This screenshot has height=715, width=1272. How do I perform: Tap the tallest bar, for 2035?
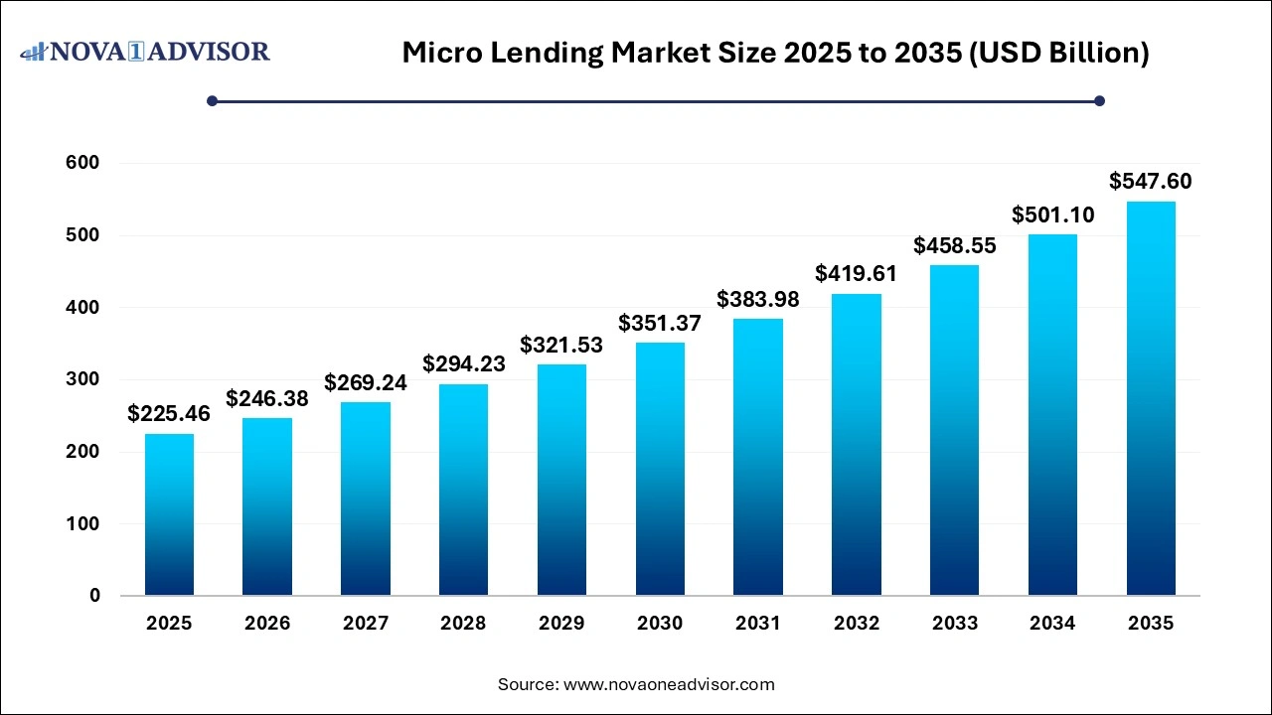[x=1151, y=398]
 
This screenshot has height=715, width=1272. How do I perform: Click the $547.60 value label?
[x=1151, y=181]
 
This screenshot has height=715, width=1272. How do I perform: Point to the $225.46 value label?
[x=169, y=413]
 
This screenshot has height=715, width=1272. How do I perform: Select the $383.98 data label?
[x=758, y=298]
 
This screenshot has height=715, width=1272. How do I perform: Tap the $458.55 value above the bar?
[x=954, y=244]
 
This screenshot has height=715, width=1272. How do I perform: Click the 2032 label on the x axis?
[x=857, y=624]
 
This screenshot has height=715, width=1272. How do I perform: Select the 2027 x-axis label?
[x=366, y=624]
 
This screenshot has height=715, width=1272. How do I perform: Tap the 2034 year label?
[x=1052, y=624]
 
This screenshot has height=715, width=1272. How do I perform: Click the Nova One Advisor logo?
[x=145, y=51]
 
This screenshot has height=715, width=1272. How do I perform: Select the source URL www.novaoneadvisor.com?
[x=669, y=684]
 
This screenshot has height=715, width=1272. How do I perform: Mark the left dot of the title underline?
[x=212, y=100]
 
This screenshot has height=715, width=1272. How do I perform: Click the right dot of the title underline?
[x=1099, y=100]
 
